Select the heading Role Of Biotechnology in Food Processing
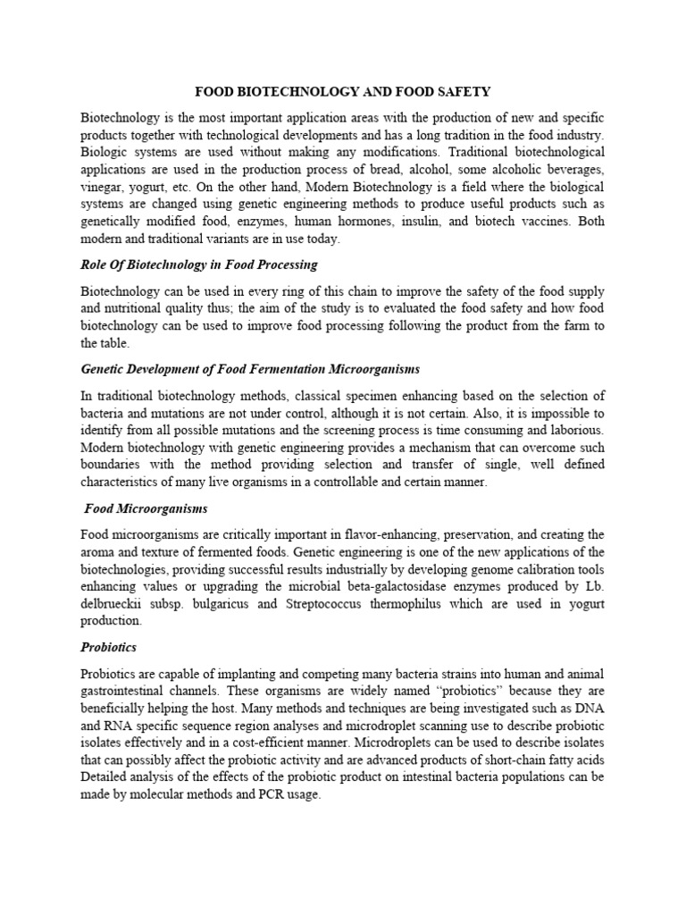[x=198, y=265]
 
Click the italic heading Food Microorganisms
[x=146, y=508]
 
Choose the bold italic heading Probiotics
[x=108, y=646]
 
